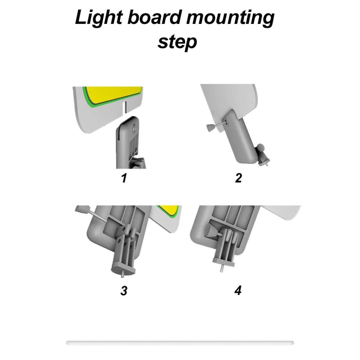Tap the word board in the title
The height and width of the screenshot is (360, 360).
154,17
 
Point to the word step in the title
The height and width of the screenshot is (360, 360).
177,42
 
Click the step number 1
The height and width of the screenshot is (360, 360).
124,178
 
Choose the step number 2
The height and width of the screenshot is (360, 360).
239,178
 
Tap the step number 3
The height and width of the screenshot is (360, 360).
124,291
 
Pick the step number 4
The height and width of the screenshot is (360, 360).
238,290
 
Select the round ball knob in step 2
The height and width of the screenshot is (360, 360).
261,147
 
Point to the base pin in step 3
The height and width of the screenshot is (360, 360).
123,274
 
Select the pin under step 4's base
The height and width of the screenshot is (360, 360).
221,269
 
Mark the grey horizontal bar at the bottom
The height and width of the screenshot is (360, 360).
180,343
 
